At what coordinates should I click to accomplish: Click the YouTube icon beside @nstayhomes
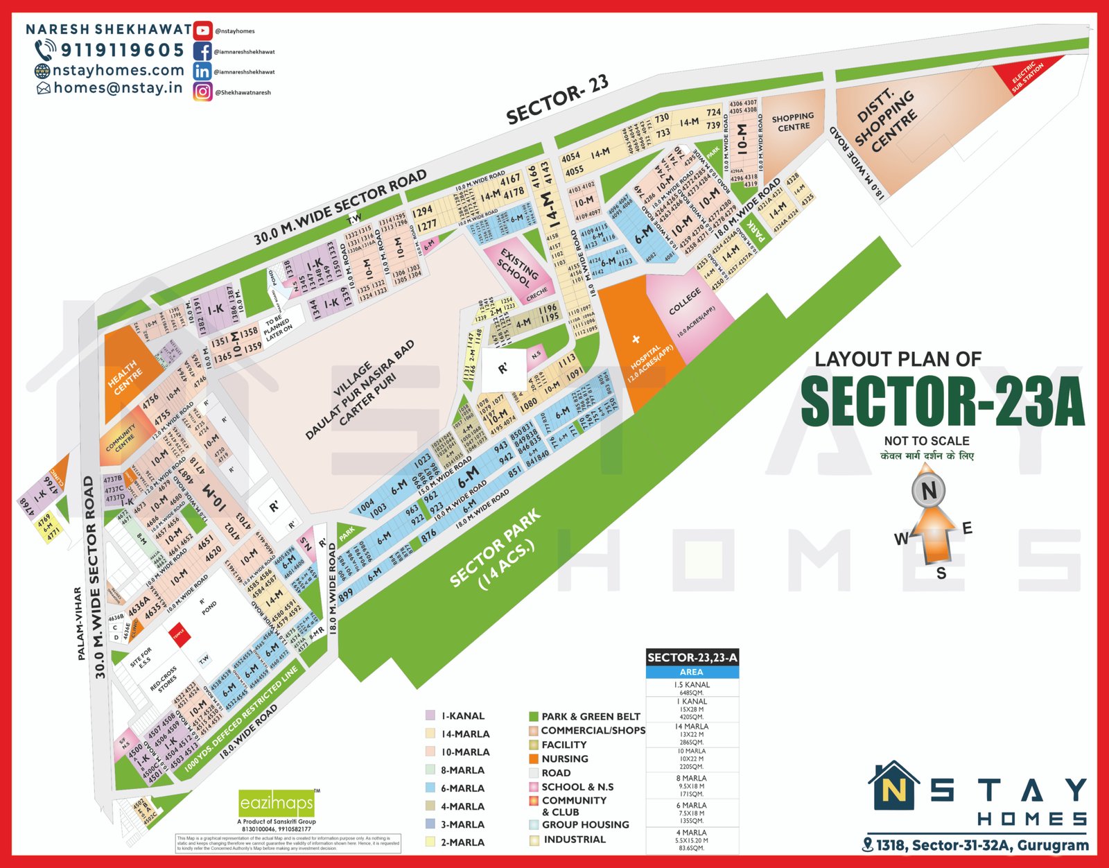[x=202, y=31]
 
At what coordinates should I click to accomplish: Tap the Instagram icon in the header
[x=202, y=92]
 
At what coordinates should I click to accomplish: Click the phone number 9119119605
[x=122, y=50]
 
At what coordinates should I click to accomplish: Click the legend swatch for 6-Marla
[x=430, y=788]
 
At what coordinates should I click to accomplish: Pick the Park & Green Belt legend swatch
[x=533, y=716]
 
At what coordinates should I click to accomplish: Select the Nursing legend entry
[x=564, y=759]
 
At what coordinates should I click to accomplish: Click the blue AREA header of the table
[x=691, y=672]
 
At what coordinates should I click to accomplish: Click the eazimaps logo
[x=277, y=804]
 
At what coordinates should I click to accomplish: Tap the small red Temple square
[x=179, y=634]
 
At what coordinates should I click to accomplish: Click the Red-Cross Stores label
[x=164, y=680]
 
